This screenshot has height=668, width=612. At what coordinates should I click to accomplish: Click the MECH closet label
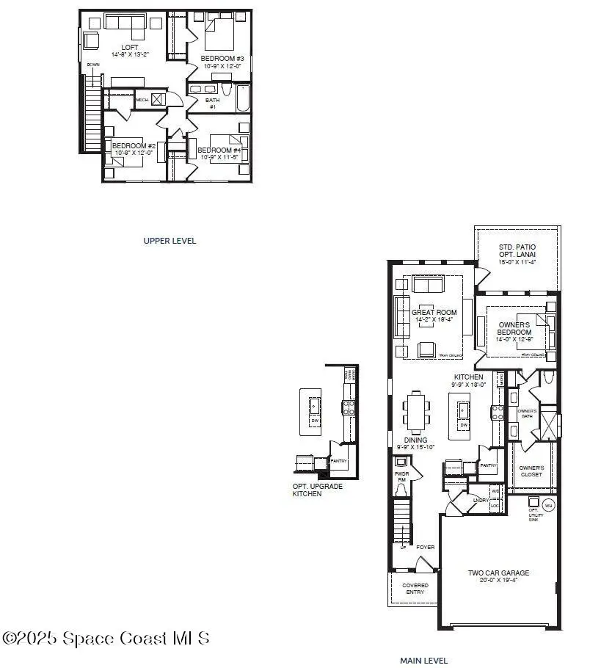click(x=142, y=100)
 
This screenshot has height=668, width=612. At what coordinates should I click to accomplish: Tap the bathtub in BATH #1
click(x=241, y=98)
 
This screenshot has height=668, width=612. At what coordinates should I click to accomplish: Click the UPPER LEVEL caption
click(x=170, y=240)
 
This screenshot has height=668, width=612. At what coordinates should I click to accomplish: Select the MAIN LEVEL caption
click(x=423, y=660)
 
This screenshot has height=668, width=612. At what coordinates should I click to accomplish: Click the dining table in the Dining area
click(x=416, y=412)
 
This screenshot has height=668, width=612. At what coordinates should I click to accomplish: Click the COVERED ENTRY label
click(x=415, y=589)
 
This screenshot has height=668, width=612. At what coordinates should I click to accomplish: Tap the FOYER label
click(x=426, y=546)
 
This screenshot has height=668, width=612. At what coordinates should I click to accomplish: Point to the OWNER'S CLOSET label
click(x=531, y=471)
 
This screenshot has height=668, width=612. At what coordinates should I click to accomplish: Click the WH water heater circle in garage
click(x=548, y=504)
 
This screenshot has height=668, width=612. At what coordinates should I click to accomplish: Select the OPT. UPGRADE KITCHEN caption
click(x=317, y=490)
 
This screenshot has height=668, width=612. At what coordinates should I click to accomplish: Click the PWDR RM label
click(x=401, y=475)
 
